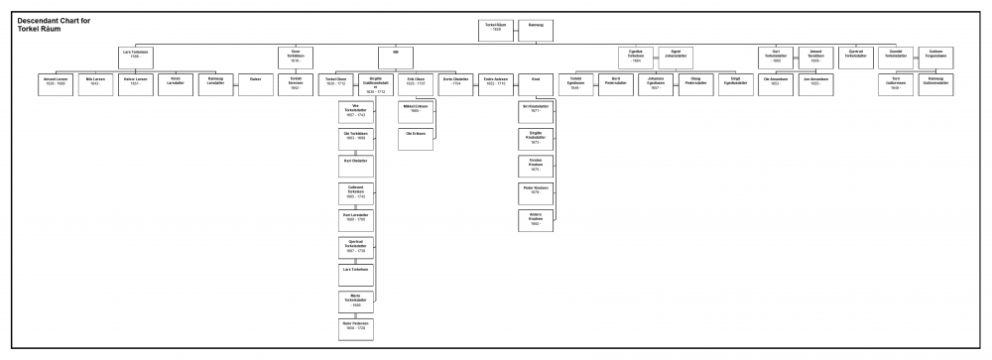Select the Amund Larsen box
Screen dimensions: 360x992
[x=54, y=84]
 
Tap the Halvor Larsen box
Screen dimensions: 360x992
[x=135, y=84]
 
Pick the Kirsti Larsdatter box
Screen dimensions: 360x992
[x=176, y=84]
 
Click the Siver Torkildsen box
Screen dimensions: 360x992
[x=296, y=58]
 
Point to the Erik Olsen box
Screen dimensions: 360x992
[x=417, y=84]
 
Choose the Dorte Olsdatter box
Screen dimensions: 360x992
[x=456, y=84]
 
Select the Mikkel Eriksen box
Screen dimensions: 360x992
[x=416, y=111]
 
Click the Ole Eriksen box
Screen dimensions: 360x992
[x=416, y=139]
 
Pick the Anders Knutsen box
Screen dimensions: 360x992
[x=536, y=220]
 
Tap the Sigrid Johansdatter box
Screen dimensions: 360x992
[x=676, y=58]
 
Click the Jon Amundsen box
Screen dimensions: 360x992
[x=815, y=84]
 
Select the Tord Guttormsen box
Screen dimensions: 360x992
[x=896, y=84]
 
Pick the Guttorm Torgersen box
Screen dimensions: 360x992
[x=935, y=58]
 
